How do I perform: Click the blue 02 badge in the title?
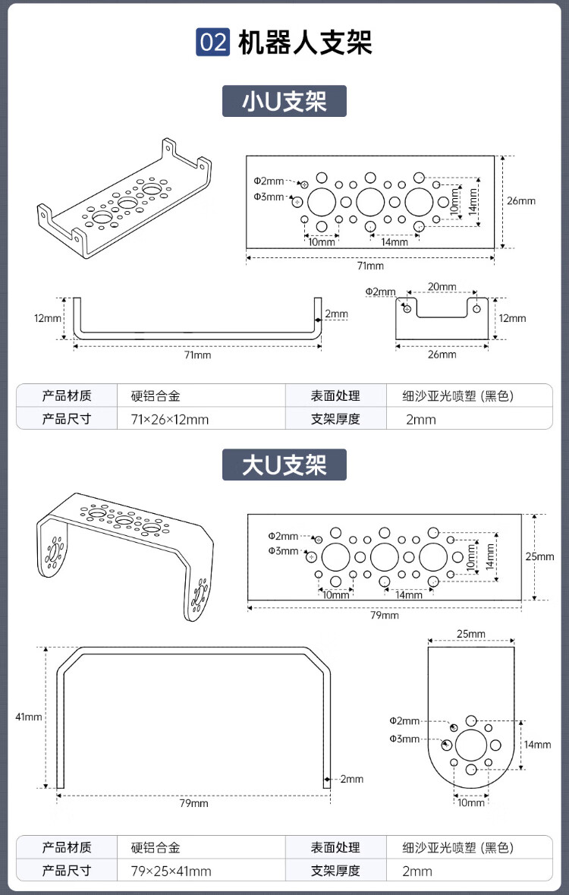(x=213, y=43)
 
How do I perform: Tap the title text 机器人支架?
(x=305, y=43)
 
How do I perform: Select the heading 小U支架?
(x=284, y=101)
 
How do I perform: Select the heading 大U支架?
(x=284, y=465)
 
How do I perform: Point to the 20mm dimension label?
(x=442, y=286)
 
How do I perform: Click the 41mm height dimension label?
(x=29, y=717)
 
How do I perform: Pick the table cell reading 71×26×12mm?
(x=170, y=418)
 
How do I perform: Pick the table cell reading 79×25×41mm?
(x=171, y=871)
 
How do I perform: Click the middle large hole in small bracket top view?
(x=370, y=202)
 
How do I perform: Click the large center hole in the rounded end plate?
(x=471, y=745)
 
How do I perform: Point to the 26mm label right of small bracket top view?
(x=521, y=201)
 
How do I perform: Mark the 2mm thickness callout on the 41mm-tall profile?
(x=351, y=779)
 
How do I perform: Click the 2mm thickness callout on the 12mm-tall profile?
(x=336, y=314)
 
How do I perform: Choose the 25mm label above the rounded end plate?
(x=470, y=634)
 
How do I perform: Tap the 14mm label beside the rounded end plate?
(x=537, y=745)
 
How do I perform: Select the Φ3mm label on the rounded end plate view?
(x=404, y=739)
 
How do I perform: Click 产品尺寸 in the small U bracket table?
(x=67, y=418)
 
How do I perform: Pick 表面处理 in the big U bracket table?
(x=335, y=847)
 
